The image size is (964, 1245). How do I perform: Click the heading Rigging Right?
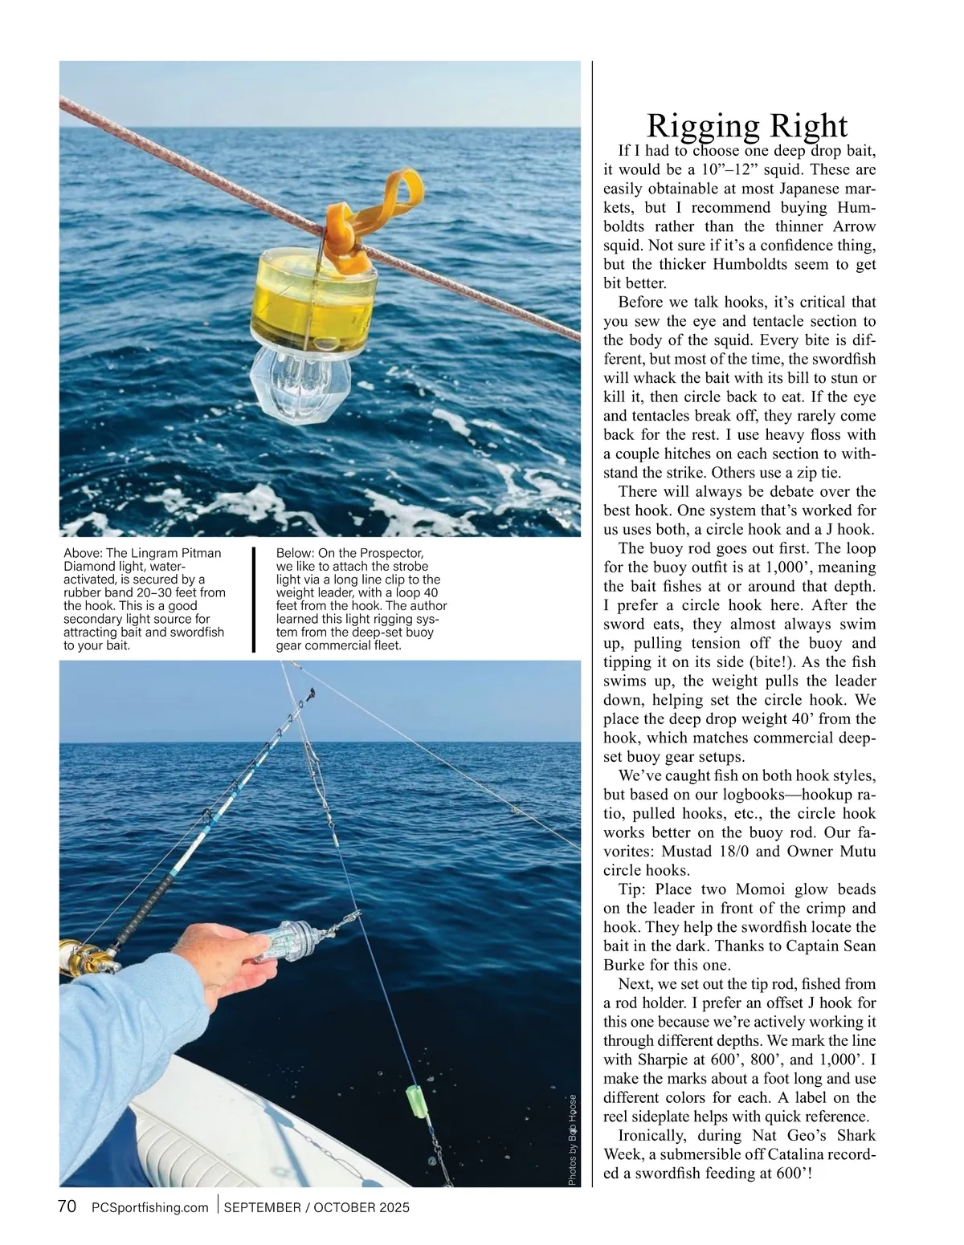[x=746, y=126]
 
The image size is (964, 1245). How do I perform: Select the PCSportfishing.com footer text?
[x=150, y=1207]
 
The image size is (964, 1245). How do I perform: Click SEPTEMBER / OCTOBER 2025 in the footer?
[x=317, y=1207]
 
